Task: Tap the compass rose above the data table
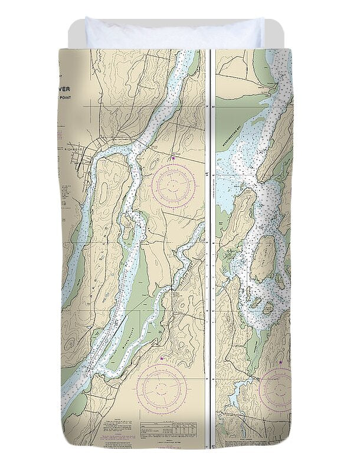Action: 160,388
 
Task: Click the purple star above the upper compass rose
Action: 173,158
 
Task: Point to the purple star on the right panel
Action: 280,362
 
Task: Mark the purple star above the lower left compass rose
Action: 162,358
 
